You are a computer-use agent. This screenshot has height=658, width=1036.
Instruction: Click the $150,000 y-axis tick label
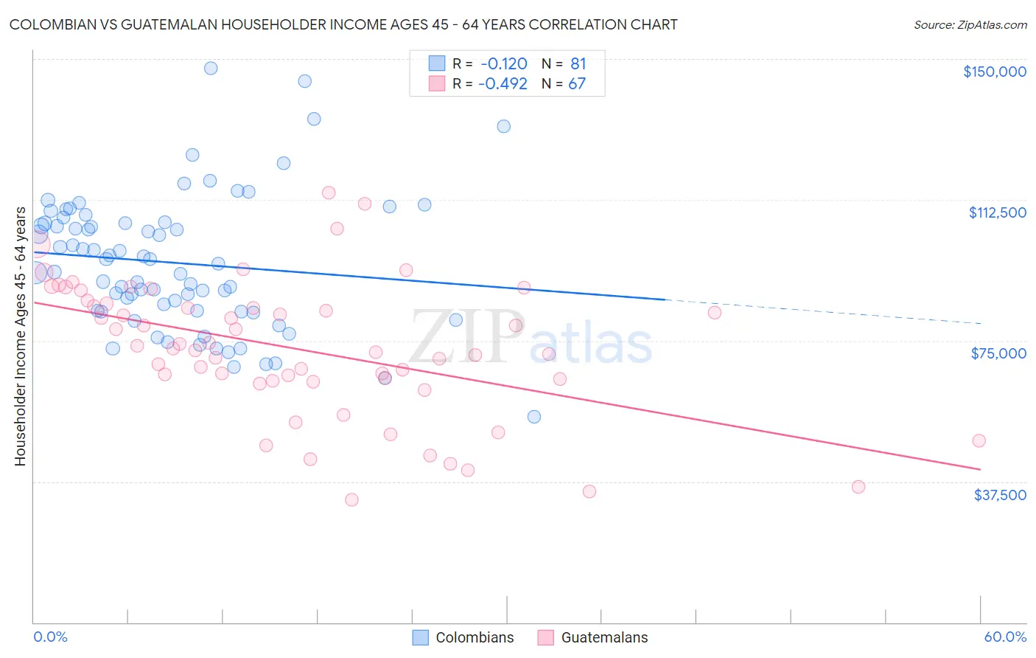tap(994, 72)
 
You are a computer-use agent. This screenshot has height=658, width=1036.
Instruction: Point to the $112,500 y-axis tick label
tap(997, 212)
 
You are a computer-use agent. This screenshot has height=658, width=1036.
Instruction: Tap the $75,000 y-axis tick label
tap(998, 353)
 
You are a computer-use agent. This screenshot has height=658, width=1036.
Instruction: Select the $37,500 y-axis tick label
tap(999, 495)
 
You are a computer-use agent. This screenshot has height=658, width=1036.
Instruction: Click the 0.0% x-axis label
tap(50, 637)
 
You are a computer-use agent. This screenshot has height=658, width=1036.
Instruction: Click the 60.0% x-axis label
tap(1004, 637)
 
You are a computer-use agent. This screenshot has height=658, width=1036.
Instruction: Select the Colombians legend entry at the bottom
tap(463, 637)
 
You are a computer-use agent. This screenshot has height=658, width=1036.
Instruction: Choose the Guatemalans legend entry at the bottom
tap(592, 637)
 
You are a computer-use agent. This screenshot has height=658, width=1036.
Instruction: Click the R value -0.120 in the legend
tap(504, 64)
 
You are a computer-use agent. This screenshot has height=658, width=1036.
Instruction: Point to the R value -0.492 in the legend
tap(503, 84)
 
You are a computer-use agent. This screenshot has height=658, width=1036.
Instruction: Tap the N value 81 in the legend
tap(578, 64)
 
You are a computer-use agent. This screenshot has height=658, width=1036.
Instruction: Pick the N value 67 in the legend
tap(576, 84)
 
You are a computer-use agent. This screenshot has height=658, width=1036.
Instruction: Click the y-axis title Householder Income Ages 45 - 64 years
tap(21, 336)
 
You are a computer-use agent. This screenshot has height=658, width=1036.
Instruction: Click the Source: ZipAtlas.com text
tap(970, 24)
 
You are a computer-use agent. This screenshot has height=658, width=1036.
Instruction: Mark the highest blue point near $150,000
tap(211, 68)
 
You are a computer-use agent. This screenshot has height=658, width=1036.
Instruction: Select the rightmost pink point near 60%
tap(979, 440)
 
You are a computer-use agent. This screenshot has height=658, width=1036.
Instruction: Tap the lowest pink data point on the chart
tap(351, 499)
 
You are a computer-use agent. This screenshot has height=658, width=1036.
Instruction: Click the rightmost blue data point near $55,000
tap(534, 417)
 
